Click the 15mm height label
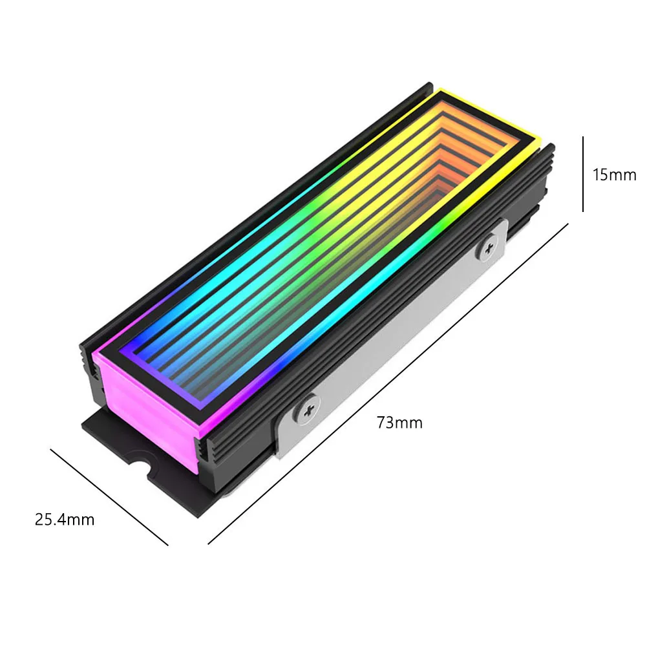[x=615, y=175]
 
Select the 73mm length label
[x=399, y=423]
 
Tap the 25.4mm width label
[x=65, y=519]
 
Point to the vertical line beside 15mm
[x=583, y=174]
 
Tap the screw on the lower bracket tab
[x=308, y=408]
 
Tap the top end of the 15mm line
[x=583, y=137]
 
